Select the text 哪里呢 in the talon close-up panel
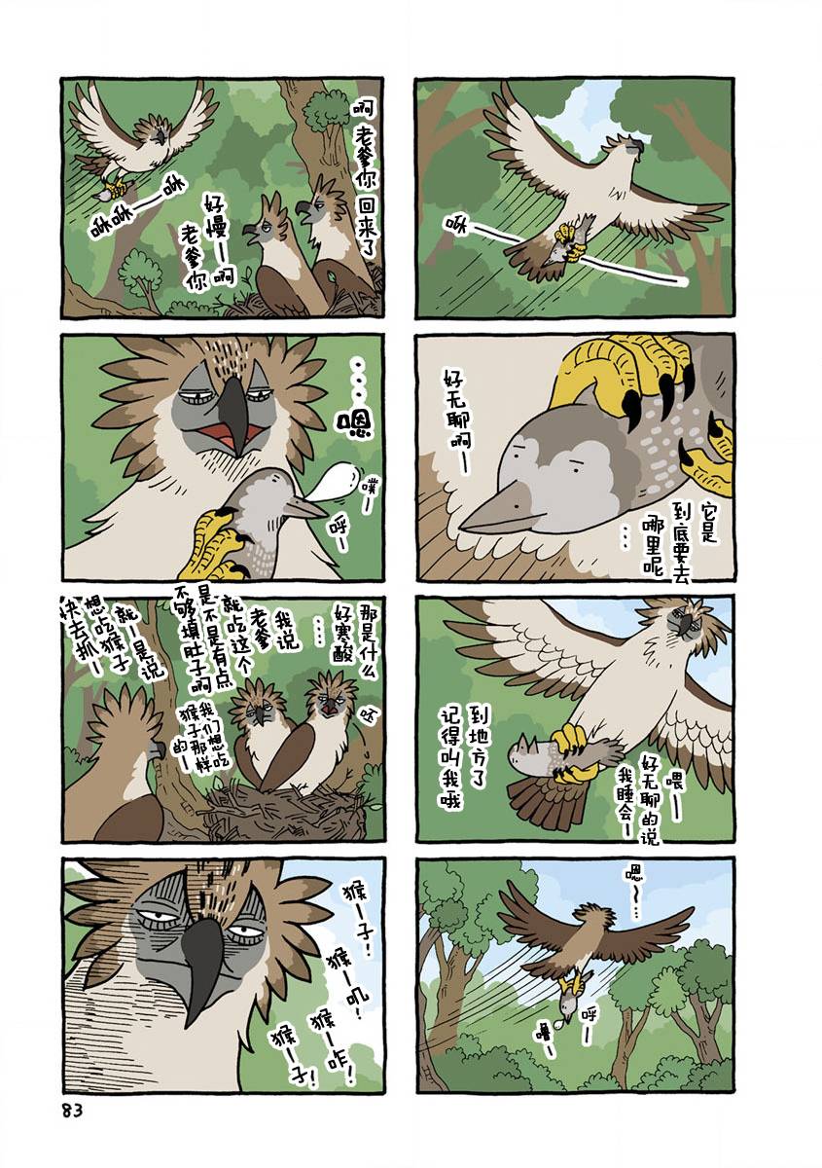[653, 542]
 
